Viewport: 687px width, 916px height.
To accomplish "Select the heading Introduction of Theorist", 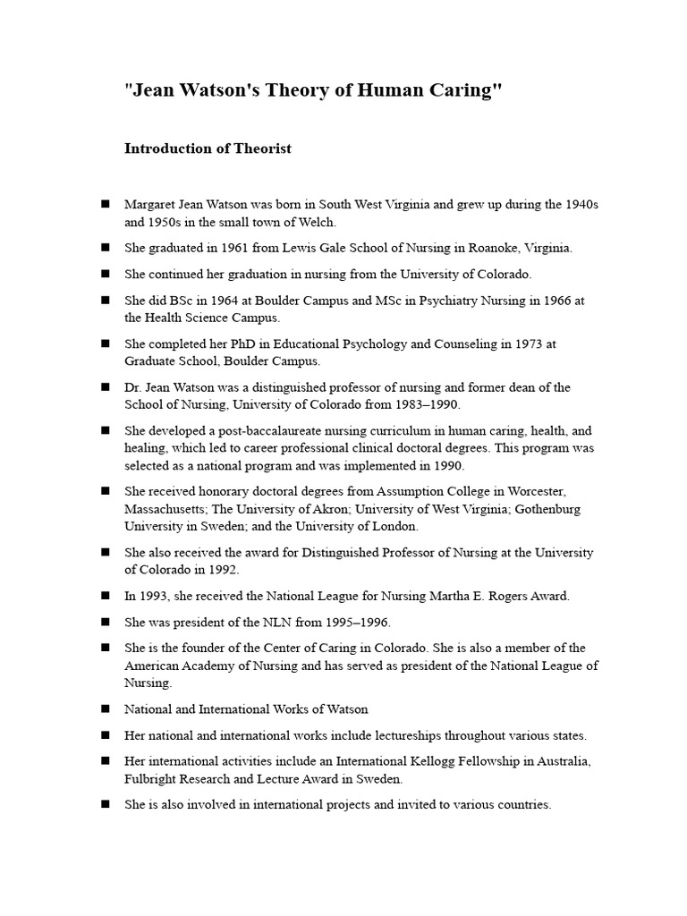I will (x=208, y=148).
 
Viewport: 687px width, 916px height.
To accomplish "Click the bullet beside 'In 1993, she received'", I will (x=106, y=595).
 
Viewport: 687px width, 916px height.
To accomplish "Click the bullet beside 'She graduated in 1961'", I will (x=106, y=247).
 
